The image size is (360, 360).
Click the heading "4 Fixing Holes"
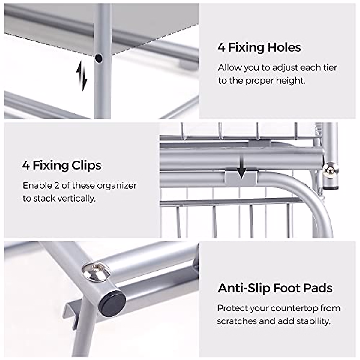point(259,48)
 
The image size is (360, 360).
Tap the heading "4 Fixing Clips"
point(61,165)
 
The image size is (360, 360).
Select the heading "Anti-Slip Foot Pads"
point(275,288)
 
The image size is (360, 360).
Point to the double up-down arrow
point(81,75)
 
